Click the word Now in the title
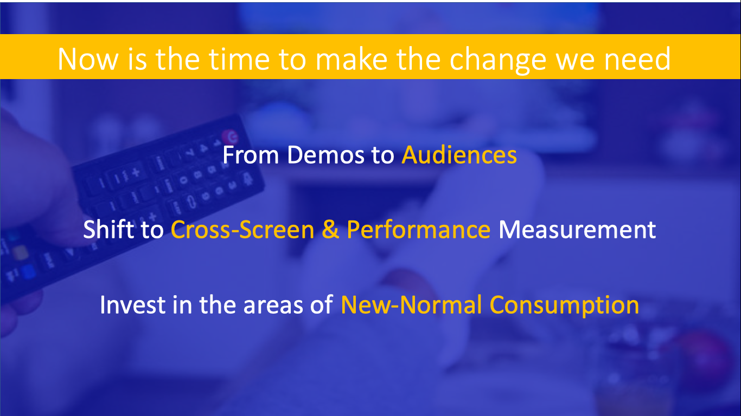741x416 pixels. click(x=88, y=60)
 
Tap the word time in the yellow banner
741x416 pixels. click(x=239, y=60)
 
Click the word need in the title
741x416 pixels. click(x=637, y=59)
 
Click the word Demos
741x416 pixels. click(x=325, y=154)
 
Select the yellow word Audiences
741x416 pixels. click(x=459, y=154)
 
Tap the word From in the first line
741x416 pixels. click(x=251, y=154)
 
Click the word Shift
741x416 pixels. click(x=109, y=229)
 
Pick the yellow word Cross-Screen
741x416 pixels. click(x=242, y=229)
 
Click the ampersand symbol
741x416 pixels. click(x=330, y=229)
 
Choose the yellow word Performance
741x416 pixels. click(x=418, y=229)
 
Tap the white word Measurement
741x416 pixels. click(x=577, y=229)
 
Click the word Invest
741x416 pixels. click(x=132, y=304)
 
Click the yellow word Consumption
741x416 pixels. click(x=564, y=305)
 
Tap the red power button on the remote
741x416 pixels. click(x=230, y=136)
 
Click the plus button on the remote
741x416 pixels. click(x=135, y=172)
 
